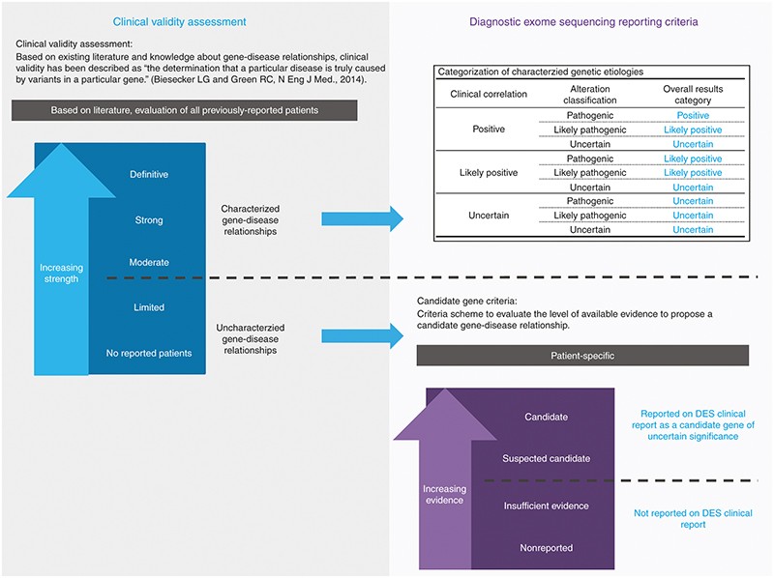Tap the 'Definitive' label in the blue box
tap(149, 175)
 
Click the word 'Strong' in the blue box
tap(149, 220)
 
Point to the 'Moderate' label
tap(149, 262)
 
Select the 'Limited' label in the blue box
tap(149, 307)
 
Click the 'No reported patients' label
tap(149, 353)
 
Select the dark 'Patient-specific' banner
tap(582, 356)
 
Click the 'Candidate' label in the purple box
tap(546, 417)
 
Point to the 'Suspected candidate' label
tap(546, 458)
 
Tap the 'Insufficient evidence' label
tap(546, 506)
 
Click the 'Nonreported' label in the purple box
tap(546, 548)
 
